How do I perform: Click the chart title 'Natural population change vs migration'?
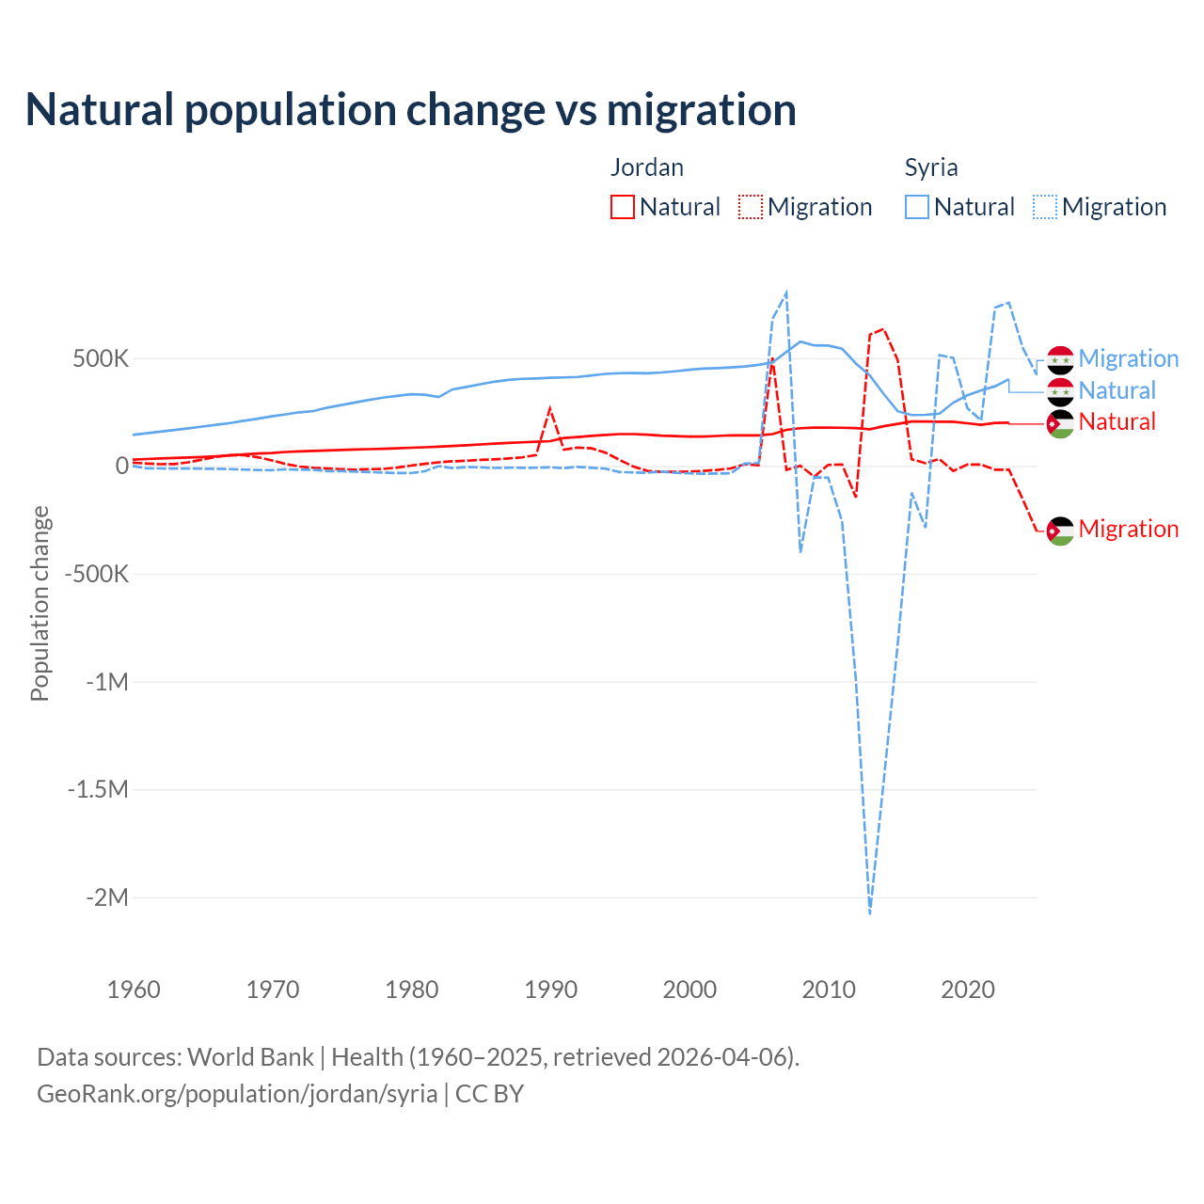[x=411, y=110]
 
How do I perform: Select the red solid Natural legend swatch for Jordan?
[x=622, y=207]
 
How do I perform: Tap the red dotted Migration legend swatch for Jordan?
[x=751, y=207]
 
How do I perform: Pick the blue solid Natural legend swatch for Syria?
[x=917, y=207]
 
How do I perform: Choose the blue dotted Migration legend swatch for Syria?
[x=1045, y=207]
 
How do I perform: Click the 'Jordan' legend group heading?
[x=647, y=167]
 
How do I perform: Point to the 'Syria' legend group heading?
[x=931, y=167]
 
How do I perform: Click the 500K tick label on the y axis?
[x=101, y=358]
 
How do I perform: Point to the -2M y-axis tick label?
[x=106, y=897]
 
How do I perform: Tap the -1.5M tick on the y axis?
[x=98, y=789]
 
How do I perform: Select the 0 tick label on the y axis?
[x=121, y=466]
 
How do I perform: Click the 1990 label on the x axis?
[x=550, y=990]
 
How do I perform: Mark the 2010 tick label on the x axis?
[x=829, y=990]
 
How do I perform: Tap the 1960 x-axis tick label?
[x=134, y=990]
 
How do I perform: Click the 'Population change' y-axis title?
[x=40, y=603]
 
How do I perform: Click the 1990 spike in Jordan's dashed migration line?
[x=550, y=408]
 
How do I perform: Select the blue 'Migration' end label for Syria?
[x=1128, y=358]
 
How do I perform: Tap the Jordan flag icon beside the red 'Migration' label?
[x=1060, y=531]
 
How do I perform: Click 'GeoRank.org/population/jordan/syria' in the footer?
[x=237, y=1094]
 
